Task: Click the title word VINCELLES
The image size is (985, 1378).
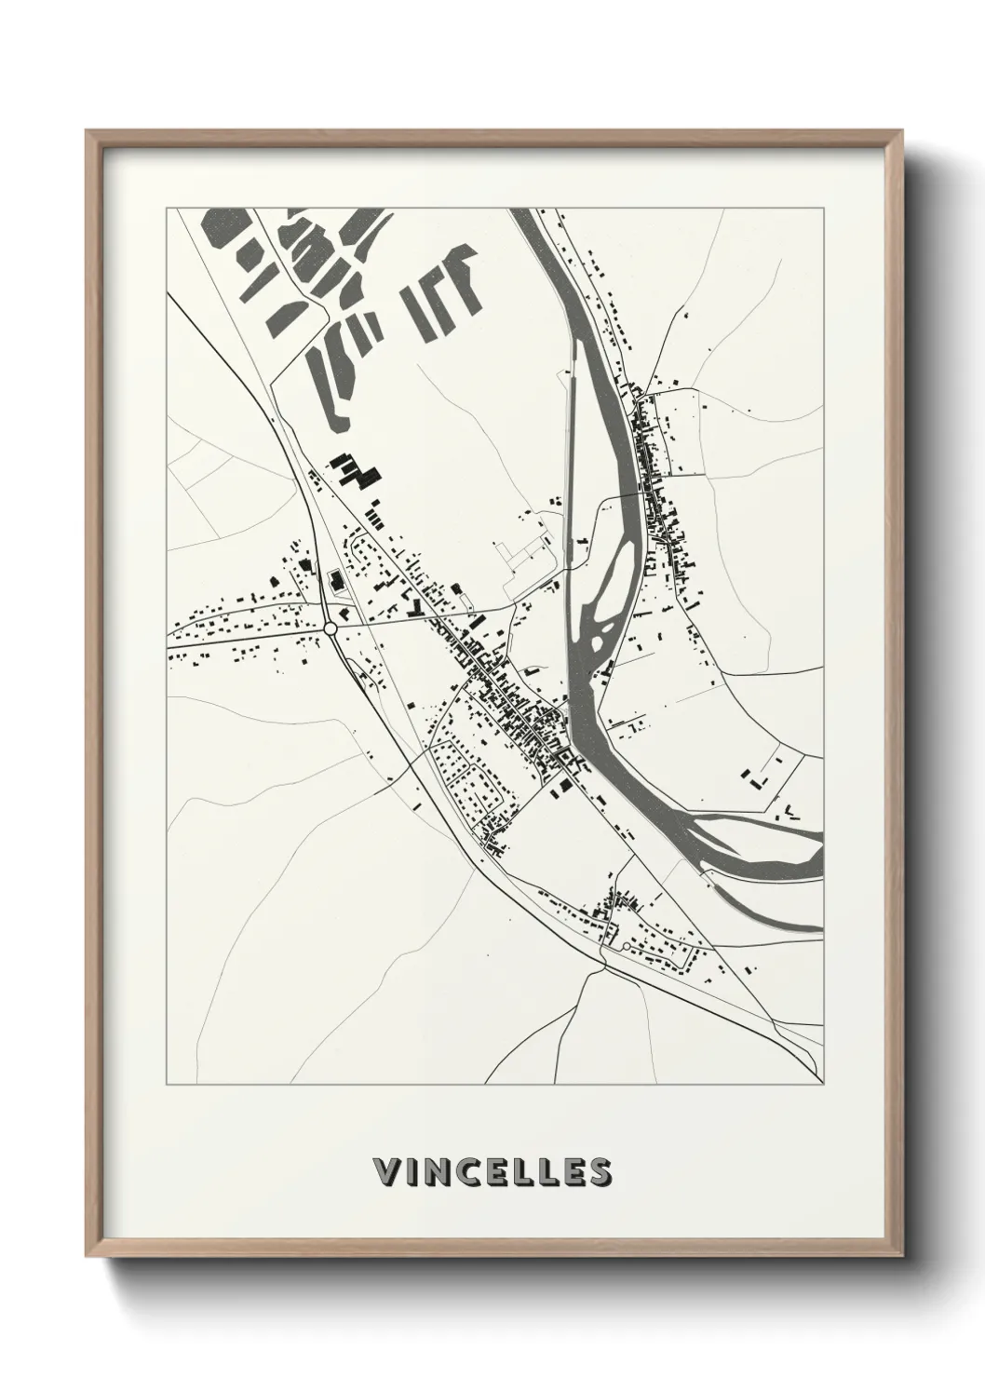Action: click(x=492, y=1172)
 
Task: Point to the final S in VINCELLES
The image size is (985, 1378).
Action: click(x=600, y=1172)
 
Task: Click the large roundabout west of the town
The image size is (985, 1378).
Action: click(x=331, y=629)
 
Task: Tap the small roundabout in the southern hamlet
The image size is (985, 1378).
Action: click(x=626, y=946)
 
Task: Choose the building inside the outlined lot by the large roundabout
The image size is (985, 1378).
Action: click(x=335, y=583)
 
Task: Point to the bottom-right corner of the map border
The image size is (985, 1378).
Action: click(x=823, y=1085)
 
